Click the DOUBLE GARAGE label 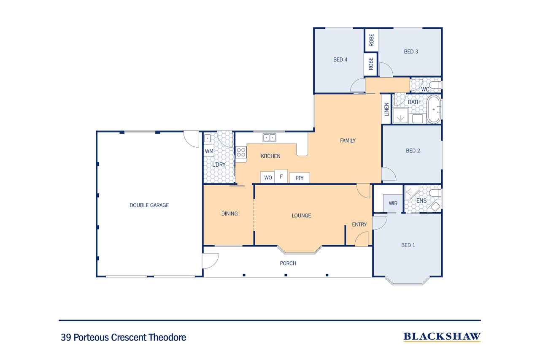[x=149, y=205]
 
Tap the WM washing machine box [x=209, y=151]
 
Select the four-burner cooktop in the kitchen [x=241, y=152]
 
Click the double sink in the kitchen [x=269, y=138]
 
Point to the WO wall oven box [x=267, y=178]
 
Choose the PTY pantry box [x=300, y=178]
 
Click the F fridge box [x=281, y=176]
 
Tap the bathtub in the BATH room [x=434, y=110]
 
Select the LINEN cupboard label [x=386, y=109]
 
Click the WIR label [x=393, y=203]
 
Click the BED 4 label [x=340, y=60]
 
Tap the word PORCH [x=288, y=263]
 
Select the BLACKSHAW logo [x=442, y=337]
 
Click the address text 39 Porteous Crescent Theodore [x=124, y=337]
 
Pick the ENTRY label [x=359, y=225]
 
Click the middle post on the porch [x=286, y=275]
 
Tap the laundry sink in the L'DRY [x=207, y=138]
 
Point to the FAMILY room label [x=348, y=141]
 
